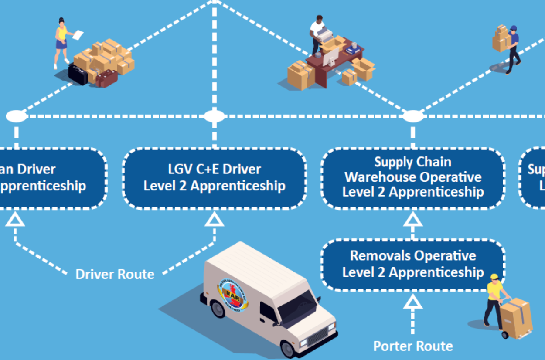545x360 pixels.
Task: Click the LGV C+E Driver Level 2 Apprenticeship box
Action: coord(214,178)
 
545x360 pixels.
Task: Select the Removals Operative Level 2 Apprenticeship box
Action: coord(412,264)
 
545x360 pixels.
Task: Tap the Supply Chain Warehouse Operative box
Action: coord(412,178)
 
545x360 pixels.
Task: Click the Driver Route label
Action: coord(115,274)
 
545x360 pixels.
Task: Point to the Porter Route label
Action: coord(413,346)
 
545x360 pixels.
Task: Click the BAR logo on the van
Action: coord(233,296)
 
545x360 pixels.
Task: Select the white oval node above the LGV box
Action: coord(214,116)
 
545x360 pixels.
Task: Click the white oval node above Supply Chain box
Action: coord(412,116)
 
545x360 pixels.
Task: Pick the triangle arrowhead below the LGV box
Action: coord(214,220)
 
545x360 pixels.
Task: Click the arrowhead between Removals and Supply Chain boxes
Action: coord(412,220)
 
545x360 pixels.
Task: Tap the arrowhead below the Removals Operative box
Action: coord(412,302)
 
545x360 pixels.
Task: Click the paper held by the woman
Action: coord(78,35)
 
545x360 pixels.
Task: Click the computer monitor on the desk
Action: coord(330,56)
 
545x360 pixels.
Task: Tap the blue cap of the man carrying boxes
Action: coord(513,28)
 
